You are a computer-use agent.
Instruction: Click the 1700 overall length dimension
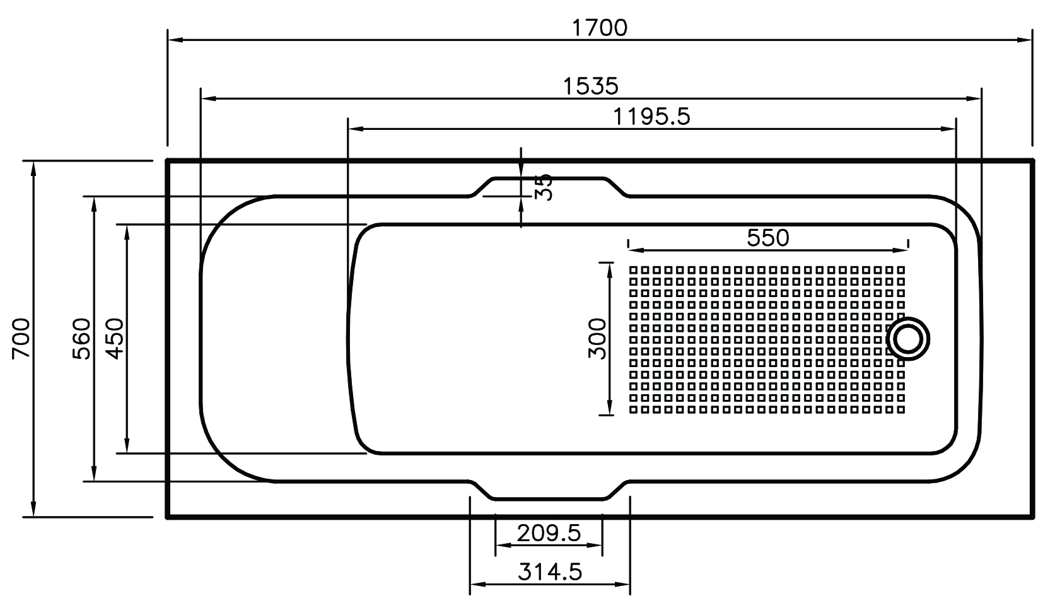coord(600,28)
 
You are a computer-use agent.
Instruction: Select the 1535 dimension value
coord(591,86)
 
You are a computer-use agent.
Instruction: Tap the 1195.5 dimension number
coord(651,116)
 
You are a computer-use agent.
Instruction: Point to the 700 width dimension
coord(21,339)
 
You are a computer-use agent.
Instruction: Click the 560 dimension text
coord(82,339)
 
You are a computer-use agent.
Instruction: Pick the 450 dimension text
coord(115,339)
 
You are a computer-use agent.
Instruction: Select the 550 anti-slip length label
coord(767,238)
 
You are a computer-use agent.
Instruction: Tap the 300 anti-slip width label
coord(597,339)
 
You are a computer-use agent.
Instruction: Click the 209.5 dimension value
coord(549,533)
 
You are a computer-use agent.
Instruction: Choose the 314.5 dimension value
coord(550,572)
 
